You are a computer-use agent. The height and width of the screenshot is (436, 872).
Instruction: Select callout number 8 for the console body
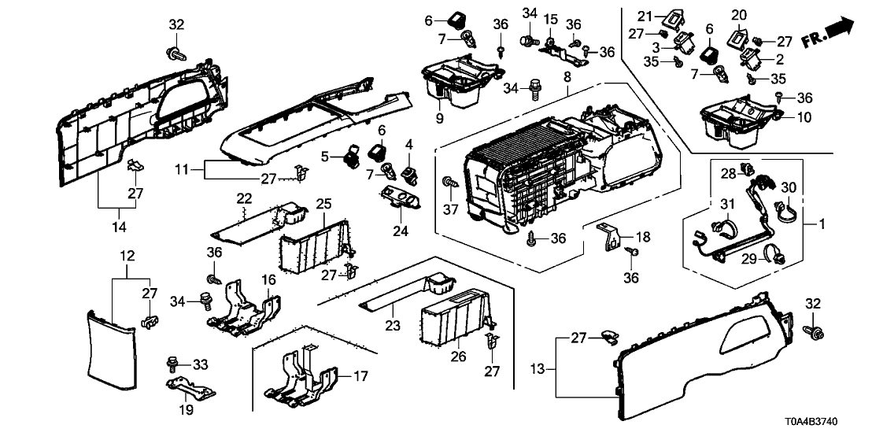[x=567, y=76]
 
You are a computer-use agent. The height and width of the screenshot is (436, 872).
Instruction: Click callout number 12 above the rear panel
[x=127, y=256]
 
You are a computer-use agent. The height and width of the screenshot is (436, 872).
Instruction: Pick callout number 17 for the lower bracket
[x=361, y=377]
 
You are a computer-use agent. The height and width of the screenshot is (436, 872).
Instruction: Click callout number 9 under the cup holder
[x=439, y=120]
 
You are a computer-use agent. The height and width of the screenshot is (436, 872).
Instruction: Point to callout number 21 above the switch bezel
[x=645, y=16]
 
